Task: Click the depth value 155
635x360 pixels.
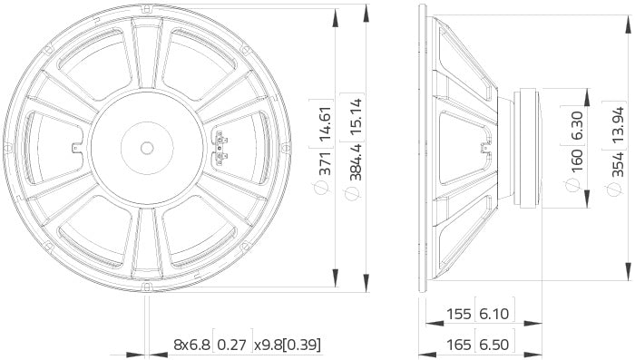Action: [461, 314]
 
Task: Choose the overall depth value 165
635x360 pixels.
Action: [461, 345]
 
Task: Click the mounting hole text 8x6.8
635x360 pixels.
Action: [191, 345]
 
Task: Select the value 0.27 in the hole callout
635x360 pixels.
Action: [232, 345]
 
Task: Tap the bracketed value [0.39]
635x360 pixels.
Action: [301, 345]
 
